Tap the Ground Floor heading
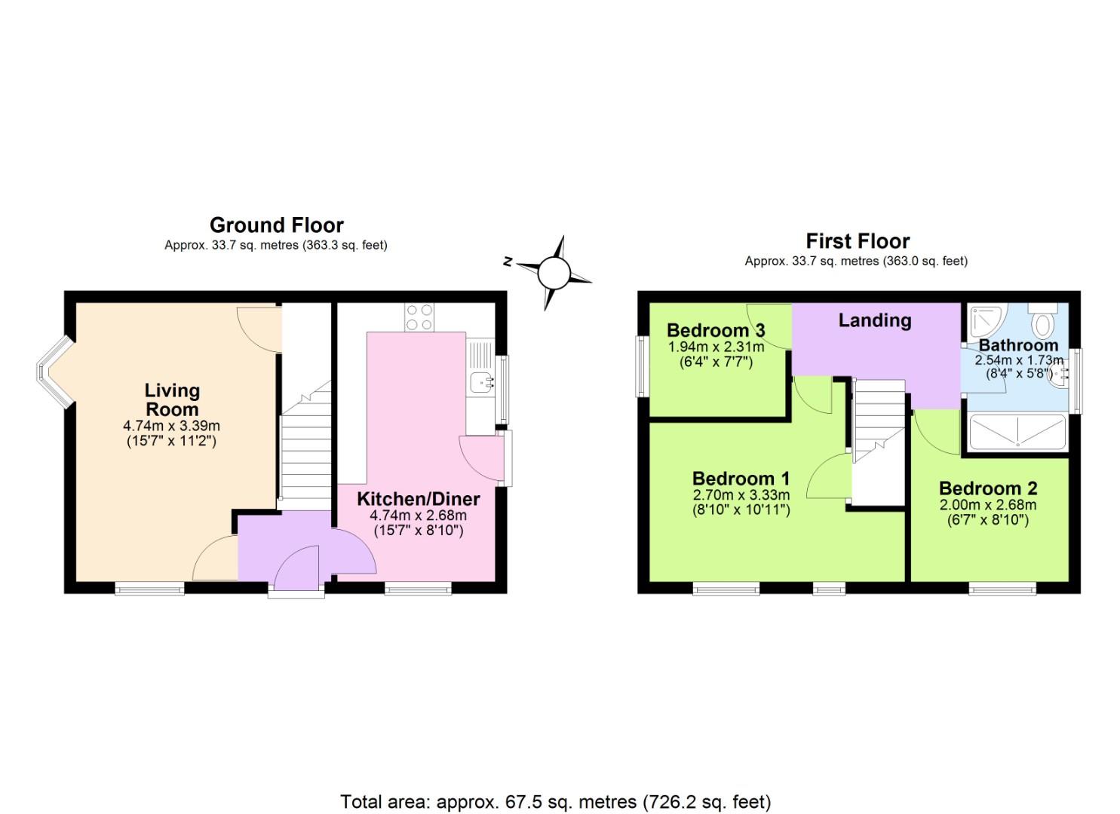click(276, 225)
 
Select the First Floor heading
click(858, 241)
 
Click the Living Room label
click(172, 400)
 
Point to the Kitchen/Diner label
click(418, 499)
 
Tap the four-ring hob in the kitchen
click(419, 317)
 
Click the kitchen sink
click(480, 382)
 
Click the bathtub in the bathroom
click(1017, 433)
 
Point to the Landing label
click(875, 320)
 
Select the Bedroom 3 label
click(716, 330)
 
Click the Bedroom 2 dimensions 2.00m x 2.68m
click(987, 505)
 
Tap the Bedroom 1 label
click(741, 479)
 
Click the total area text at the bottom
click(555, 801)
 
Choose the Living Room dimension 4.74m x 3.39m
click(171, 427)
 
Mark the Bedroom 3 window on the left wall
click(642, 366)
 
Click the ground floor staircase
click(305, 445)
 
